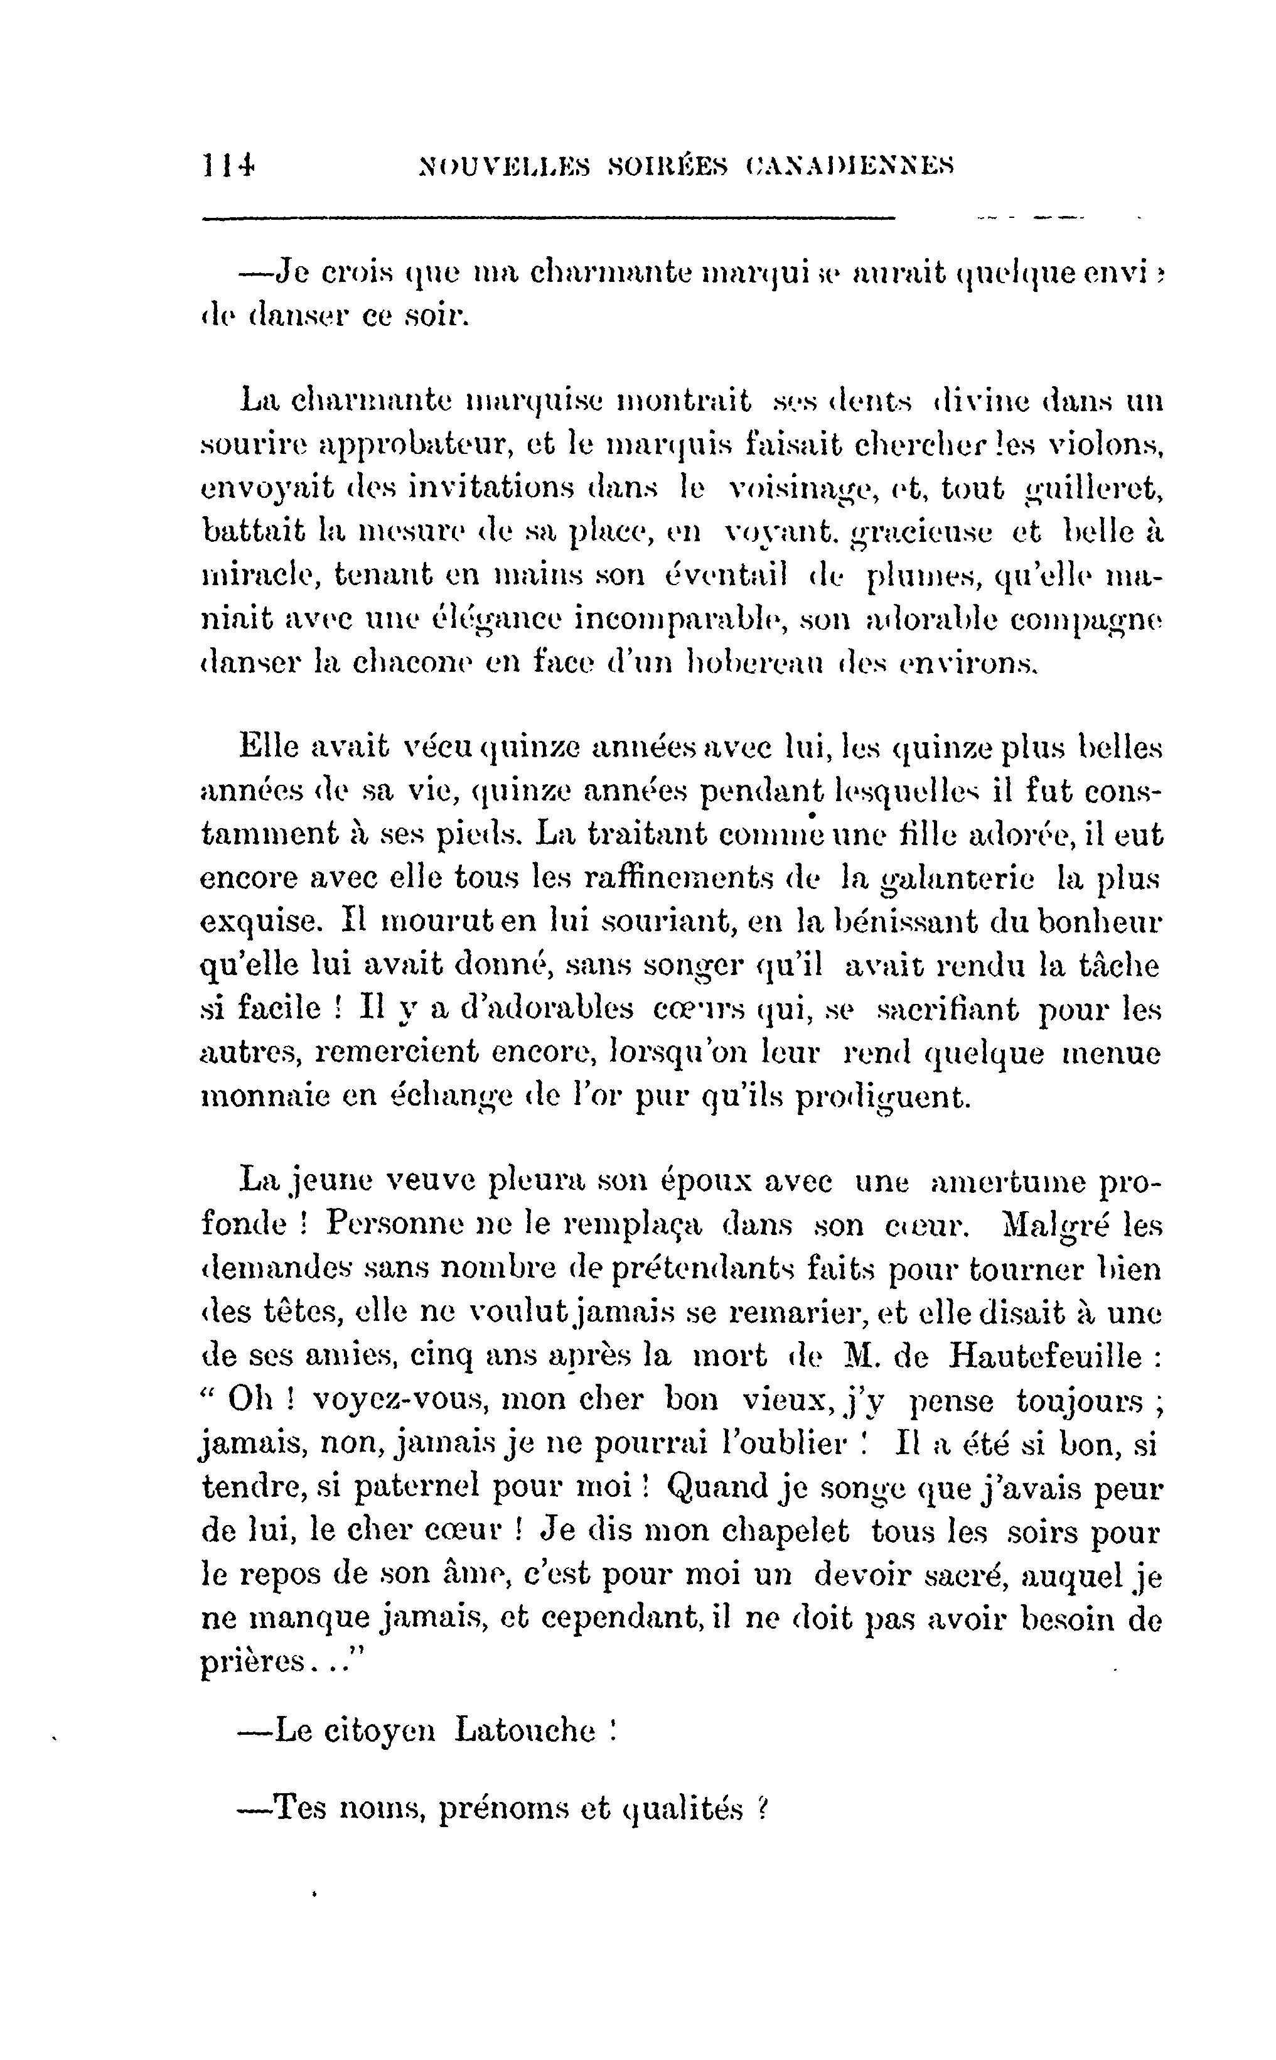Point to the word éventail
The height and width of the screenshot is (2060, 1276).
(x=726, y=576)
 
